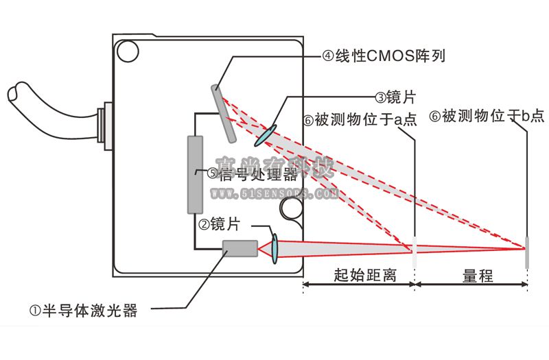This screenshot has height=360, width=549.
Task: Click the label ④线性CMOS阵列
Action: (384, 56)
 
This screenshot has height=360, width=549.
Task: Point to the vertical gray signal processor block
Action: (195, 174)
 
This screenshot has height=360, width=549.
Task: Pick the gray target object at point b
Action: (528, 252)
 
